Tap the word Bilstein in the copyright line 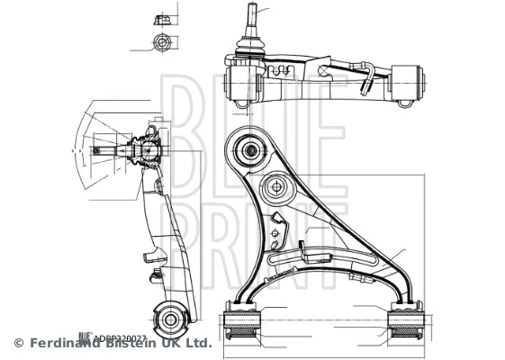130,343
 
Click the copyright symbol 18,343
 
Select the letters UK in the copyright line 169,343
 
